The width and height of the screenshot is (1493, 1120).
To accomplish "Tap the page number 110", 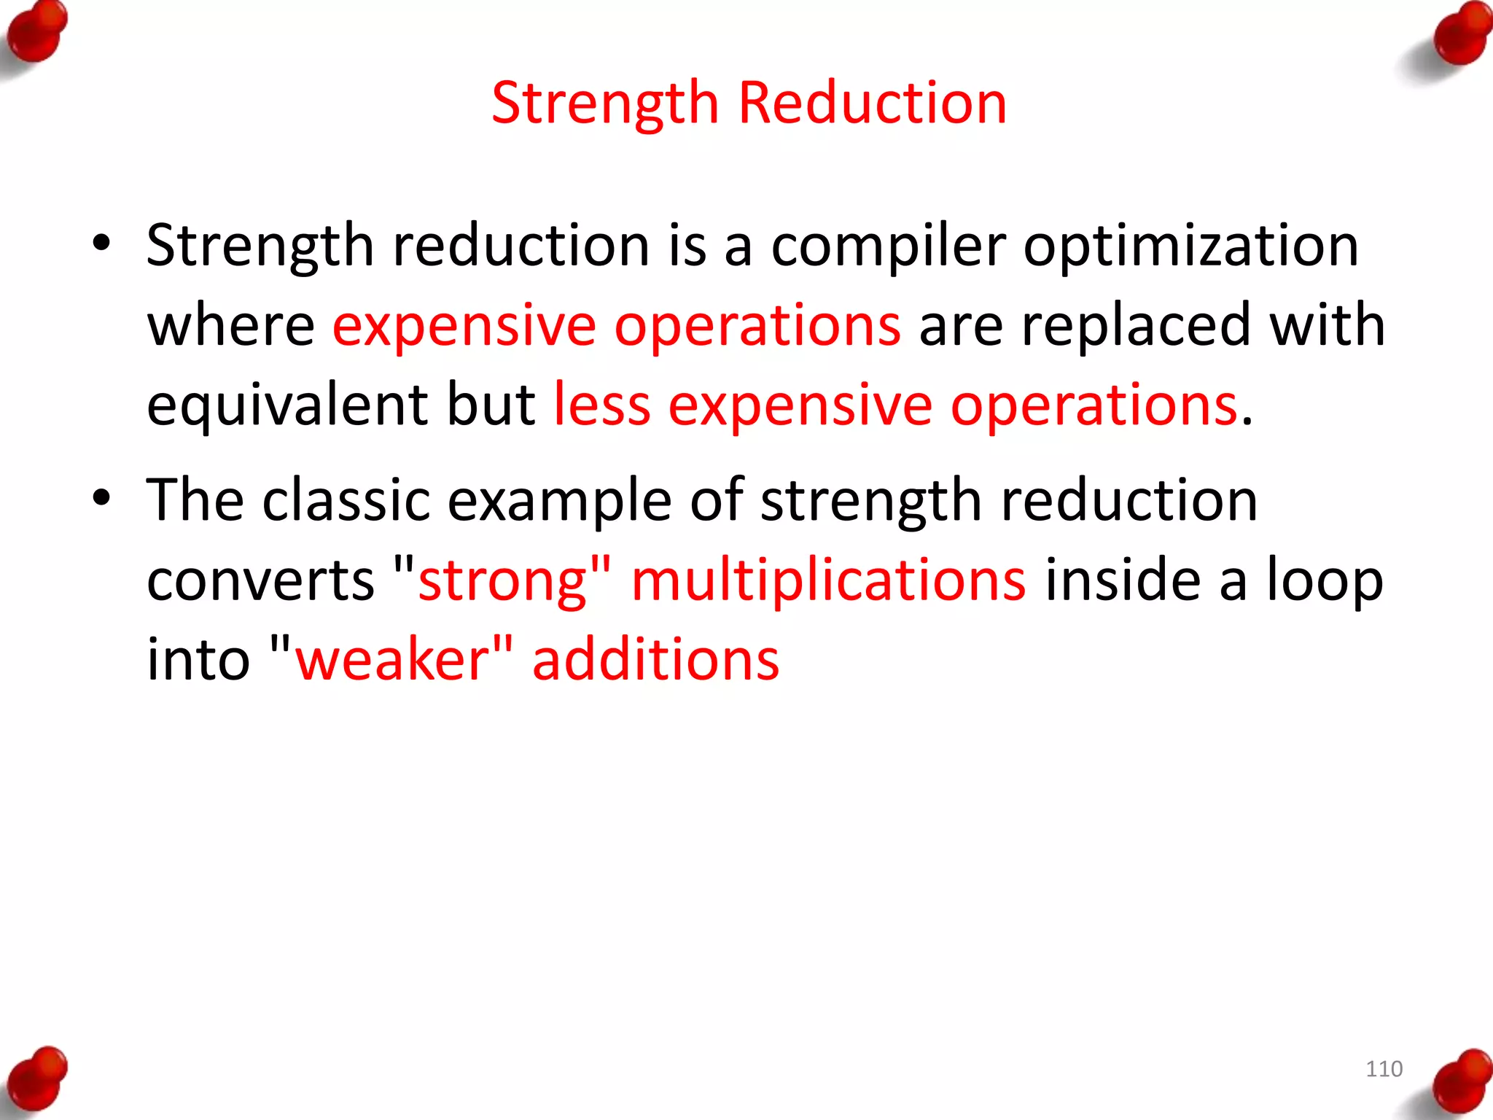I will [1384, 1069].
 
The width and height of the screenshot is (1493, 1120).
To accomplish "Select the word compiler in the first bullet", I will [888, 246].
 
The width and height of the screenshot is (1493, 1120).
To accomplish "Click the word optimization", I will [1190, 246].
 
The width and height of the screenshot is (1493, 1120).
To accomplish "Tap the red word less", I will [601, 405].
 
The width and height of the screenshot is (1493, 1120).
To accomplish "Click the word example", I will [559, 502].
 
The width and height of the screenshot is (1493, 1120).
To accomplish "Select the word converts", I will [260, 580].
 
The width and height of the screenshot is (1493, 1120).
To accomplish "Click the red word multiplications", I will [829, 580].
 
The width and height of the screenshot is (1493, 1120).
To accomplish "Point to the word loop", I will [1324, 580].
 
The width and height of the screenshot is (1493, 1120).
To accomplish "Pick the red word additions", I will [655, 660].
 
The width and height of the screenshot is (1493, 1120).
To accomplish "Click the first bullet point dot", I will [101, 243].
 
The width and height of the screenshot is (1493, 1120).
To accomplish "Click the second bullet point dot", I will [101, 498].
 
